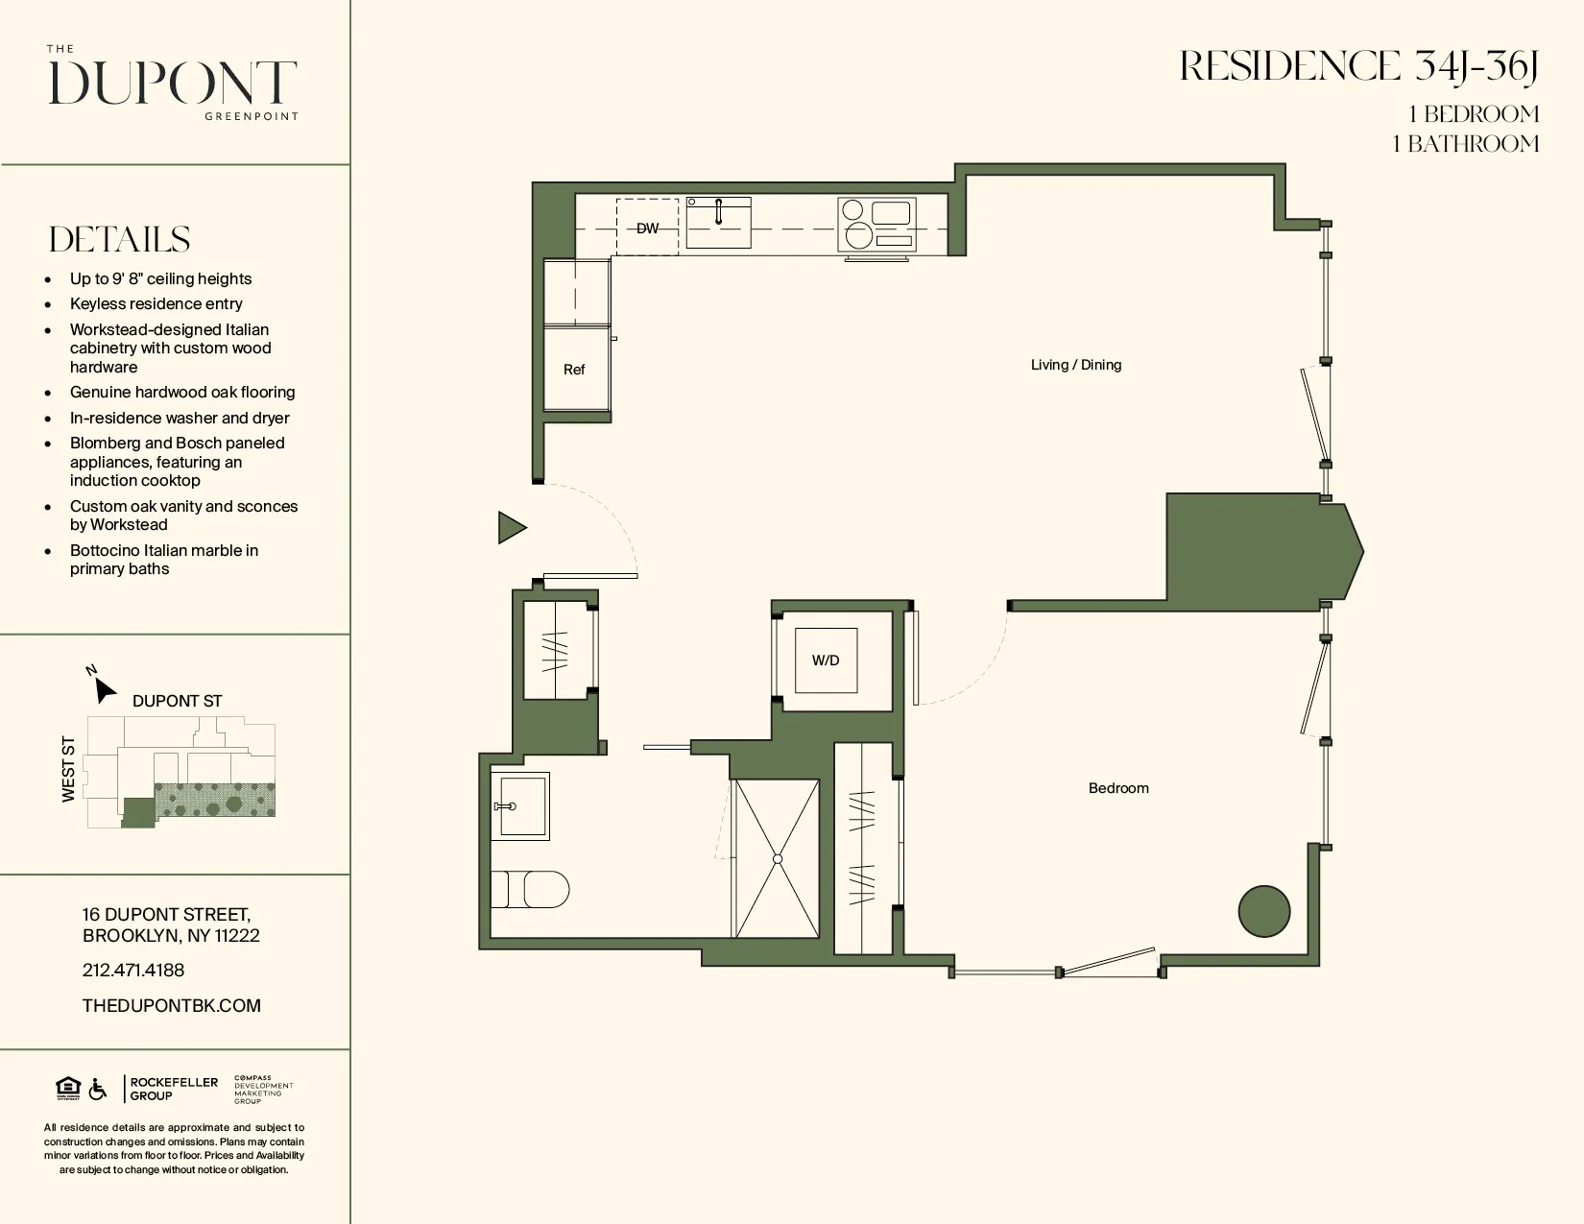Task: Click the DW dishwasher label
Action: click(x=648, y=228)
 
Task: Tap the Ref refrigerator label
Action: click(x=574, y=370)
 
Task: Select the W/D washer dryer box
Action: click(x=826, y=660)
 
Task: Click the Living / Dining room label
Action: click(x=1075, y=365)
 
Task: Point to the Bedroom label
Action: click(x=1118, y=788)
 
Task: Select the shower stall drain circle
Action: click(x=778, y=859)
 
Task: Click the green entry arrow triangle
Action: click(x=511, y=528)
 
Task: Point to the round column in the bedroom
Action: click(x=1263, y=911)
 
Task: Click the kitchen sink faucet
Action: click(x=718, y=210)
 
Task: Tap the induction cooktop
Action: click(x=876, y=225)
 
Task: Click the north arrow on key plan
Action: click(x=104, y=690)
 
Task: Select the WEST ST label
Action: click(x=68, y=769)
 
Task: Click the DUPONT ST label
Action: click(x=177, y=701)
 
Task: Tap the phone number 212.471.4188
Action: click(x=133, y=971)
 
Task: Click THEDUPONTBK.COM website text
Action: click(x=172, y=1006)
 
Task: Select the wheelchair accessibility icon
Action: click(x=98, y=1090)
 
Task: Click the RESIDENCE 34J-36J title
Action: click(x=1358, y=67)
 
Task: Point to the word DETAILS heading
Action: click(x=120, y=240)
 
